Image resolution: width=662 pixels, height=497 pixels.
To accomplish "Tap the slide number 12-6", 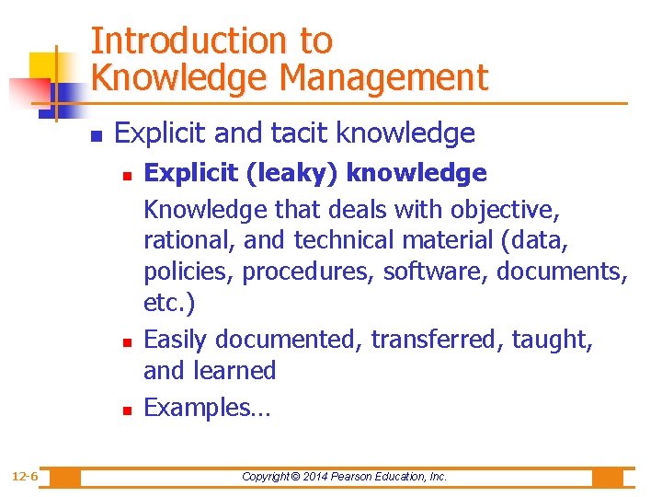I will click(x=25, y=476).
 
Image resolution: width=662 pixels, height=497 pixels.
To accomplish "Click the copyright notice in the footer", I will click(x=344, y=477).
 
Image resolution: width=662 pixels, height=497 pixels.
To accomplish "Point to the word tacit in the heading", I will click(x=299, y=133).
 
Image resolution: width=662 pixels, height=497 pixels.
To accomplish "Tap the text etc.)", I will click(x=169, y=303).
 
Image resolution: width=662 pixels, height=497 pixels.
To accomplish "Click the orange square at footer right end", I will click(x=607, y=477).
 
